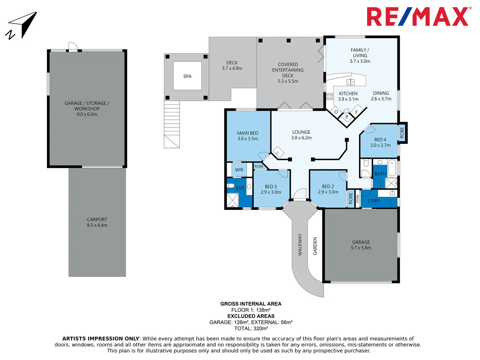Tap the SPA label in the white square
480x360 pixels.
(187, 76)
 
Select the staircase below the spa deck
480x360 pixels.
(172, 125)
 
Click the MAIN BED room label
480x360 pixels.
(247, 133)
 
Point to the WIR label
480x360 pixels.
(239, 170)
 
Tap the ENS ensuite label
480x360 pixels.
(240, 188)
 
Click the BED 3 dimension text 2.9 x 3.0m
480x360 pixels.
(271, 192)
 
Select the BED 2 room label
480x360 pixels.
(328, 186)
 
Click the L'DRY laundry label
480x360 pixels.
(373, 201)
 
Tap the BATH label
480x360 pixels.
(380, 174)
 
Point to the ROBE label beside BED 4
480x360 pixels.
(402, 132)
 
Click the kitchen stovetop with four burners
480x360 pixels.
(330, 97)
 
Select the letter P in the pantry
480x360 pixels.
(347, 117)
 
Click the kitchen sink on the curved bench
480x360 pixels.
(350, 82)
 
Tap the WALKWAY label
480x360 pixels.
(300, 245)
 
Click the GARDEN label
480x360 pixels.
(315, 246)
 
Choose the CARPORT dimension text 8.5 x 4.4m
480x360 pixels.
(97, 225)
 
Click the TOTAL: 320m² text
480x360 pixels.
(251, 328)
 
